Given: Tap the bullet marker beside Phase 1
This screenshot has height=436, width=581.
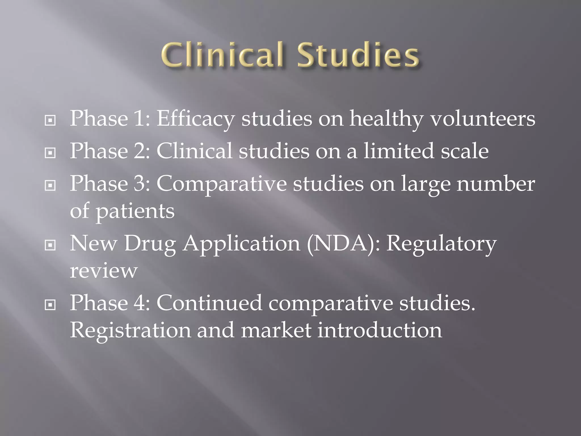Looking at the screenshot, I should [50, 121].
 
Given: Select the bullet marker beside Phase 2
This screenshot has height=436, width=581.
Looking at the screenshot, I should [50, 153].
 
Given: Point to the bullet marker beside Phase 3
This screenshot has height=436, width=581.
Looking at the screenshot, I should [50, 186].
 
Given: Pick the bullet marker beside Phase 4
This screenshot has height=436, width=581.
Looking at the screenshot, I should [50, 305].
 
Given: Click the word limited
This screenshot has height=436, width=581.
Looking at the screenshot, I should [399, 151].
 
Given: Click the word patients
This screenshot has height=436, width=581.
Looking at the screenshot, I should [135, 212].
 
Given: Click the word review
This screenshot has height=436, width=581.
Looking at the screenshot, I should [104, 271].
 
